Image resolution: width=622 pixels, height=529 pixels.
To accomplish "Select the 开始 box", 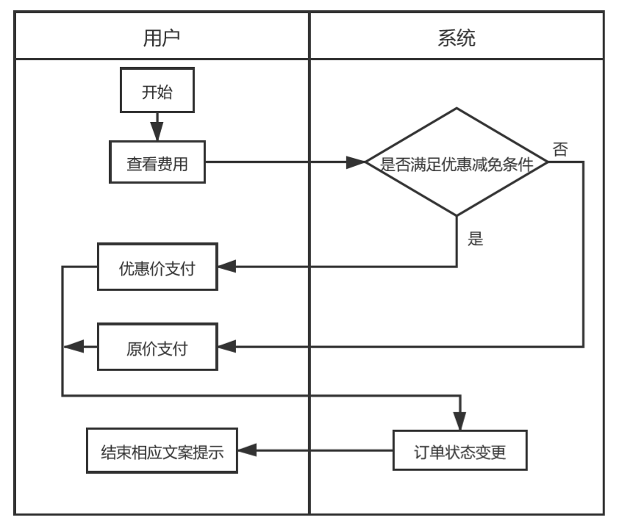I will [x=157, y=92].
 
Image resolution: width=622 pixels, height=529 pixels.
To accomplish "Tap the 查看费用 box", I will [x=157, y=163].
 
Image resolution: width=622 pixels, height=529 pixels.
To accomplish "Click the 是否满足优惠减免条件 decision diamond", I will [x=457, y=163].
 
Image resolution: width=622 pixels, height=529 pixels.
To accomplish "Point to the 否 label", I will [x=560, y=149].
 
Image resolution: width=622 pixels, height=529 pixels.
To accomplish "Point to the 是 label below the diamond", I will [x=475, y=238].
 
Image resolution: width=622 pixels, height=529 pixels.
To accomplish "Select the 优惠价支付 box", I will [x=157, y=269].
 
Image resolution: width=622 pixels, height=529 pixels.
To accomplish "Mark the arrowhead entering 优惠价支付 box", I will [x=229, y=269].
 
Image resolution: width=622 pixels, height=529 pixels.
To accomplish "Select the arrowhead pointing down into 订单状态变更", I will [x=461, y=423].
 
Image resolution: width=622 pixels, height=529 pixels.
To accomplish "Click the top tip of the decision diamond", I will [x=457, y=108].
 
